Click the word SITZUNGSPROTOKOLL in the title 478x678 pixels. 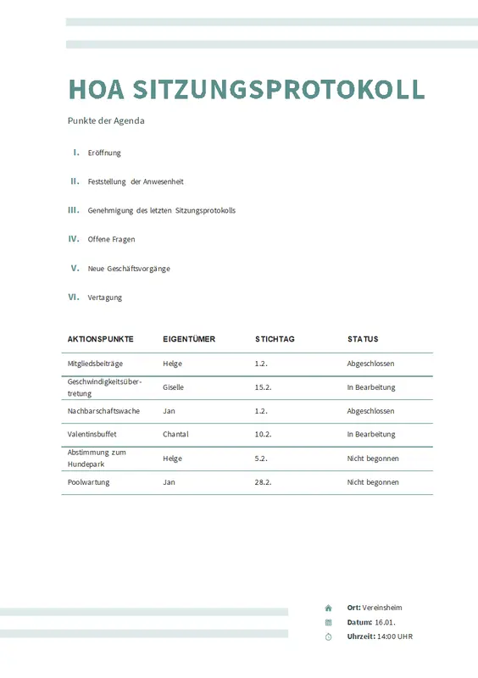click(x=280, y=89)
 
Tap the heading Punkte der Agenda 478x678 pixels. click(x=106, y=120)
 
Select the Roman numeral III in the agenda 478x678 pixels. click(x=73, y=209)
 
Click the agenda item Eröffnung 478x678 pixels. click(x=104, y=153)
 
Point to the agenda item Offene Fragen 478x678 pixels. click(x=111, y=239)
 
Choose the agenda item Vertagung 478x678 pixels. click(x=105, y=297)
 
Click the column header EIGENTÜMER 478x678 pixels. click(x=189, y=339)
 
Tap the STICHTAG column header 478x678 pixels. click(x=275, y=339)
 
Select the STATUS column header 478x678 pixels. click(x=363, y=339)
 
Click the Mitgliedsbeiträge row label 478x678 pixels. click(x=95, y=364)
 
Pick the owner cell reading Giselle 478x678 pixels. click(x=173, y=387)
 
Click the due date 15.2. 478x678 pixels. click(x=263, y=387)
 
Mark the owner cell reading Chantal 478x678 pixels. click(x=175, y=434)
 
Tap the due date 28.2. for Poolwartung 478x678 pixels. click(x=263, y=482)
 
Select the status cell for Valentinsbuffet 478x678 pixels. click(x=371, y=434)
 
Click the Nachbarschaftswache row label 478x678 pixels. click(x=103, y=411)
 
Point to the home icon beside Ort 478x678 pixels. click(x=328, y=608)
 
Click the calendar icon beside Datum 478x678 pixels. click(x=328, y=622)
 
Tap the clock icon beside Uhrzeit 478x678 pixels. click(x=328, y=636)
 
